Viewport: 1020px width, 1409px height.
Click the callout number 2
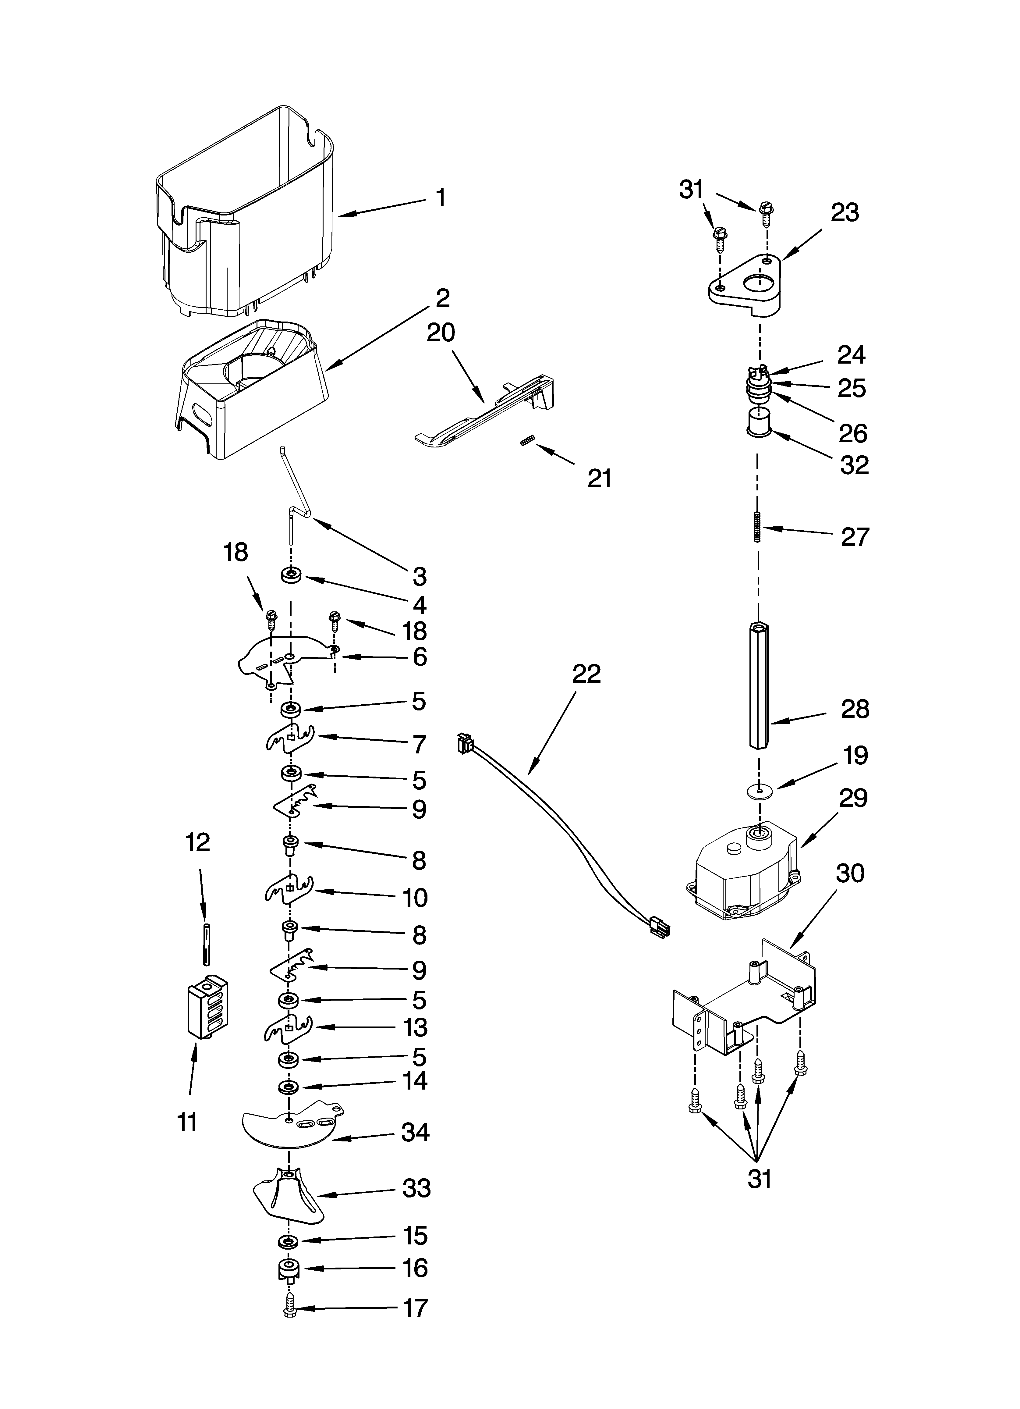[442, 298]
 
